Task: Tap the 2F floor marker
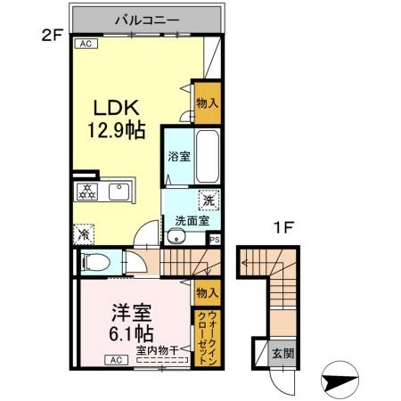49,35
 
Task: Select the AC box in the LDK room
86,43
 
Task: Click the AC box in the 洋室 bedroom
116,359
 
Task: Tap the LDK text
119,106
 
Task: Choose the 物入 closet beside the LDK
207,105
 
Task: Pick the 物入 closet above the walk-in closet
207,292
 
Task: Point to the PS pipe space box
214,239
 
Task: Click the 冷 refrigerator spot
84,235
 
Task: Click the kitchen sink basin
119,191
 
